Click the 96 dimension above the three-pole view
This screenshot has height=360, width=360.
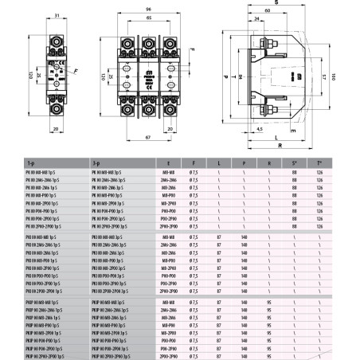tap(148, 9)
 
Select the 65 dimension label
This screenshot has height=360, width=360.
tap(148, 18)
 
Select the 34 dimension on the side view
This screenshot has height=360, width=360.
tap(236, 77)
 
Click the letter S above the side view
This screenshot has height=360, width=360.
tap(276, 4)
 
